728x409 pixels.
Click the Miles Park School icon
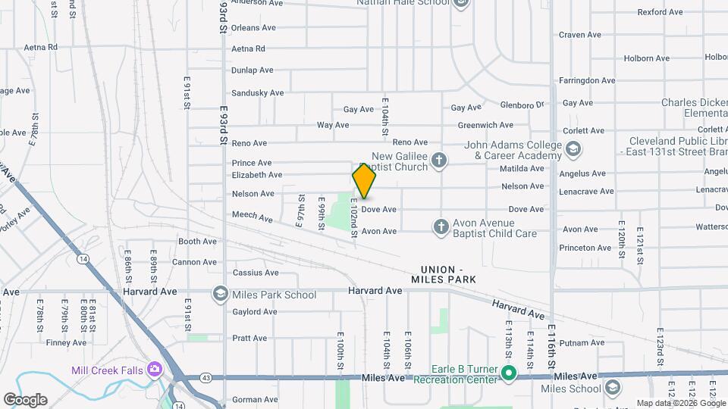pyautogui.click(x=220, y=294)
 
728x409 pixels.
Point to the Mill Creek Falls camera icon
pyautogui.click(x=155, y=370)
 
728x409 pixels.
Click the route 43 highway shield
pyautogui.click(x=206, y=377)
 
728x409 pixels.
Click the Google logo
pyautogui.click(x=25, y=400)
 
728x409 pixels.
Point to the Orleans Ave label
pyautogui.click(x=253, y=28)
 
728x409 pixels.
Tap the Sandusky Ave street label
pyautogui.click(x=257, y=93)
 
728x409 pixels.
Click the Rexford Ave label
pyautogui.click(x=660, y=12)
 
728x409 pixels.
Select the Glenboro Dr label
pyautogui.click(x=522, y=105)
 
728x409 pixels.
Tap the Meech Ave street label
pyautogui.click(x=253, y=217)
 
